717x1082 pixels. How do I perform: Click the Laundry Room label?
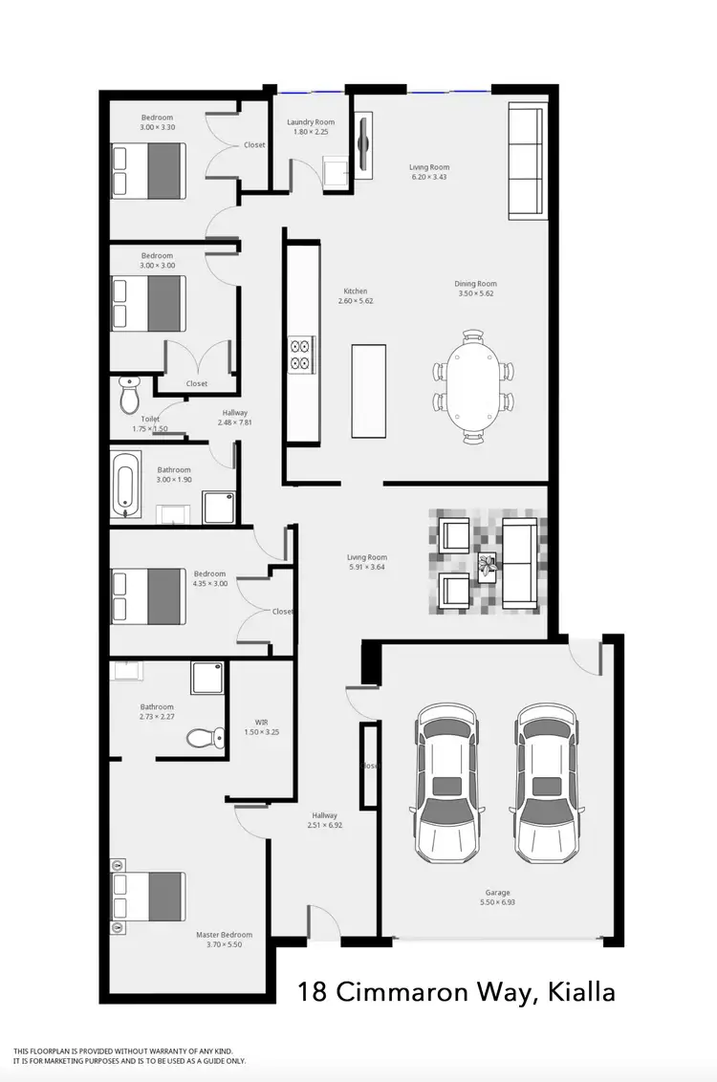coord(311,122)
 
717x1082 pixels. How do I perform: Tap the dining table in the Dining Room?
coord(474,387)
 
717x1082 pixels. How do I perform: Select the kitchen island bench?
coord(369,390)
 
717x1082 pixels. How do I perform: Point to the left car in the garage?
coord(445,782)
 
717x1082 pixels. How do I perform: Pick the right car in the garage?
coord(549,782)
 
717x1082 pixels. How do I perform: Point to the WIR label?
coord(261,722)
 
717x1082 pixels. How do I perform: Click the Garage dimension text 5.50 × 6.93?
coord(496,902)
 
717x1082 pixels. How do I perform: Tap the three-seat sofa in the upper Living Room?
coord(524,161)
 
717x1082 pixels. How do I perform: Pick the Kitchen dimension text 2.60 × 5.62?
coord(356,301)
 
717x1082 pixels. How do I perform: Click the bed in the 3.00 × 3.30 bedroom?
coord(148,170)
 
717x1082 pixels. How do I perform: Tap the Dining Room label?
coord(477,284)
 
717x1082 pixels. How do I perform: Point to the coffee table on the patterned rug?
coord(489,567)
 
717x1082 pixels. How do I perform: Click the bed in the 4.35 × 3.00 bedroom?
coord(148,595)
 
